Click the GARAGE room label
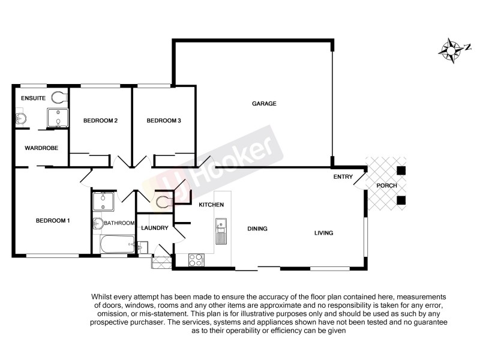point(264,104)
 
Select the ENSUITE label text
point(33,98)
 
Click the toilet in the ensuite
point(59,97)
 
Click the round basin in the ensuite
point(19,118)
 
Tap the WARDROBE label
point(41,148)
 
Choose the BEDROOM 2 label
point(100,121)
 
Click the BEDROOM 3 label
point(164,121)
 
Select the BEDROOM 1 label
point(53,221)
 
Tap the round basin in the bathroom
point(98,224)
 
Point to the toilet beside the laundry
point(162,202)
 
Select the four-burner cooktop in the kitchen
point(196,259)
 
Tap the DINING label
point(257,229)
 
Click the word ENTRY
point(343,178)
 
